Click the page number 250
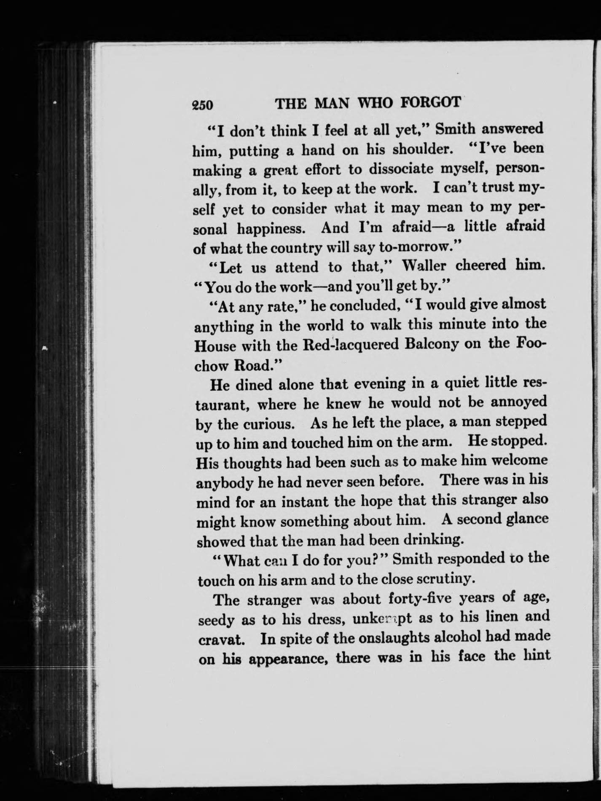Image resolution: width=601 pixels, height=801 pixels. pos(203,104)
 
